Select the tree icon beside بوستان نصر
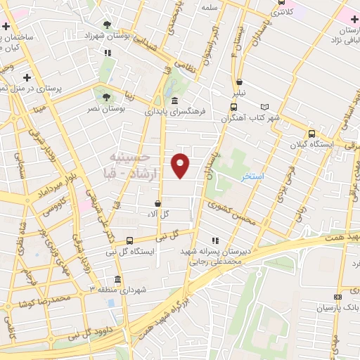coord(106,97)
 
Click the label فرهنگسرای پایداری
coord(174,111)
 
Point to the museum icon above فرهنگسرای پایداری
coord(174,102)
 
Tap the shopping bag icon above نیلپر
coord(240,82)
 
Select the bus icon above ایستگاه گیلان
coord(311,134)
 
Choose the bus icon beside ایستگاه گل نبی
coord(129,240)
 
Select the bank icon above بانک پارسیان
coord(338,297)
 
